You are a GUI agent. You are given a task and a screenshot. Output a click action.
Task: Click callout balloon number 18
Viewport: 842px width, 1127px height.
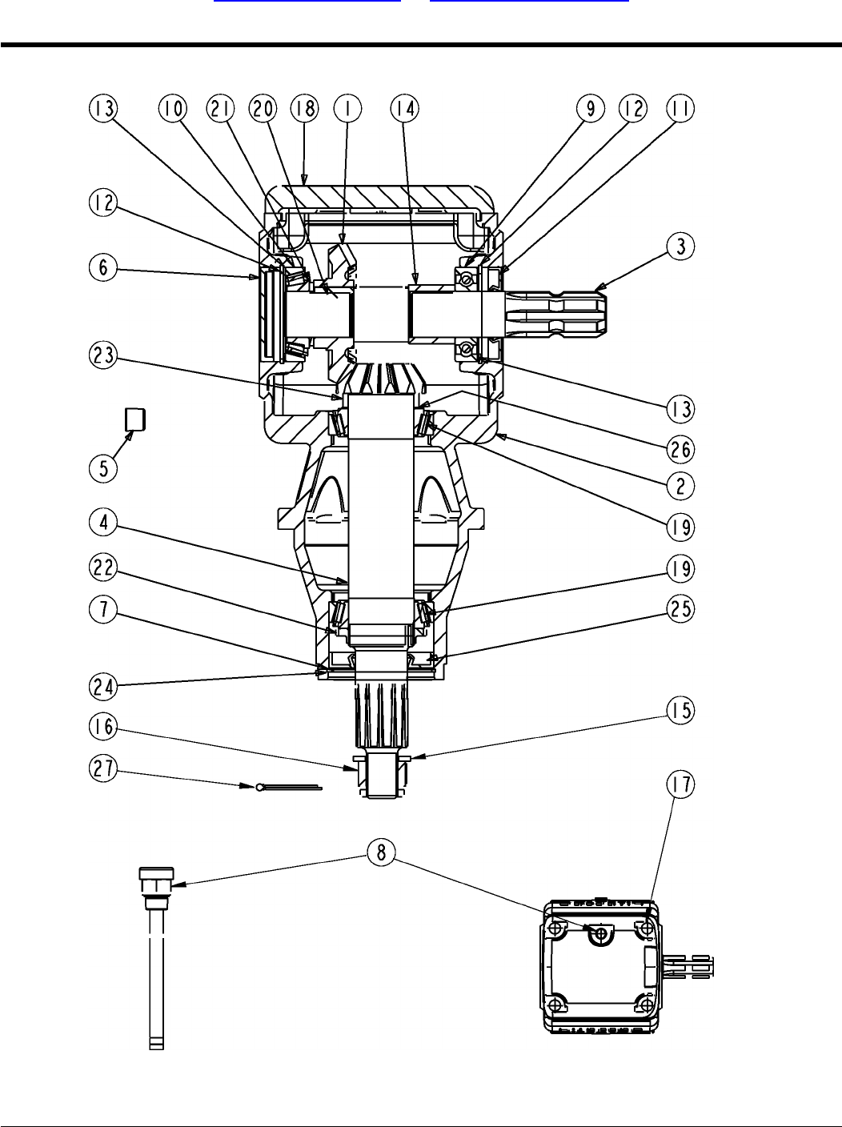click(x=304, y=108)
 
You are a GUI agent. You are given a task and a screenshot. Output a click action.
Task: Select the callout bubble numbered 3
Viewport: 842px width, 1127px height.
click(x=681, y=247)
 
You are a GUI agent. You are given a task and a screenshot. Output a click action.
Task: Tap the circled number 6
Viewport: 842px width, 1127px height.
click(x=103, y=267)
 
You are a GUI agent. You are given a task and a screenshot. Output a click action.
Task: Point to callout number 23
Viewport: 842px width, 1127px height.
click(x=103, y=355)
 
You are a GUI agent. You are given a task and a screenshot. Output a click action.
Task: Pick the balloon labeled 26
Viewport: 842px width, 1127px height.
click(x=681, y=449)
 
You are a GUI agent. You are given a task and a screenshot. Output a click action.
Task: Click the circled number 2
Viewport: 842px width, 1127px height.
click(x=681, y=486)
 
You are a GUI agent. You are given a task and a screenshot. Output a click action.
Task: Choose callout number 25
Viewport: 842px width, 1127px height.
click(x=681, y=609)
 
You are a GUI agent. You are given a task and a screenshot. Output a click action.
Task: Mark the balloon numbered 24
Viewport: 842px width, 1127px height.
click(x=103, y=687)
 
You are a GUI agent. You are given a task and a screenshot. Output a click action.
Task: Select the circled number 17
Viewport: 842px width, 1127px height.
click(x=681, y=784)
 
